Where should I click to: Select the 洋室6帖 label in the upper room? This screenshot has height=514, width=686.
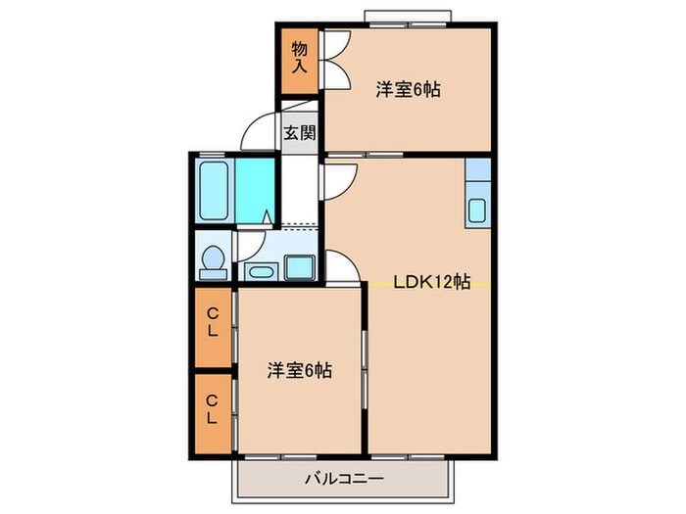coord(408,90)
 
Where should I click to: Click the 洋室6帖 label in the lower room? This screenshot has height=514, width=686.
coord(300,371)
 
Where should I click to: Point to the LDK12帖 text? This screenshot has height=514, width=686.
coord(431,283)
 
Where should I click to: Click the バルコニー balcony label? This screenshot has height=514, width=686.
coord(343,480)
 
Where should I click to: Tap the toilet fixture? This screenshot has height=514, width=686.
coord(212,258)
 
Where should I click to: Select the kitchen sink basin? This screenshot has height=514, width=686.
coord(477,210)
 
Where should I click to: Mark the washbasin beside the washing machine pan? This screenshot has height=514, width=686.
coord(261,269)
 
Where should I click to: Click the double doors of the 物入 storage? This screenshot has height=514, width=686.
coord(333,61)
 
